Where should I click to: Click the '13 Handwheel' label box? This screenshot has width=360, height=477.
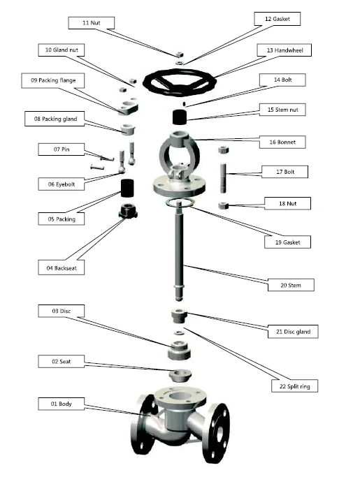pyautogui.click(x=284, y=50)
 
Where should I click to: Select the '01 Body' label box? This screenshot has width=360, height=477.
pyautogui.click(x=62, y=404)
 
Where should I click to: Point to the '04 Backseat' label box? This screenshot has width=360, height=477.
pyautogui.click(x=62, y=267)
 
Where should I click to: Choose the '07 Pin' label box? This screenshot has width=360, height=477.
pyautogui.click(x=62, y=149)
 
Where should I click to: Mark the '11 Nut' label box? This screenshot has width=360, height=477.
pyautogui.click(x=95, y=23)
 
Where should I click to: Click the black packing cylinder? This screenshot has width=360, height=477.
pyautogui.click(x=129, y=188)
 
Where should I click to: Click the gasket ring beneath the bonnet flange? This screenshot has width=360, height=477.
pyautogui.click(x=180, y=203)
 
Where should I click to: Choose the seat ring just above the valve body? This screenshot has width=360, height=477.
pyautogui.click(x=180, y=375)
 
